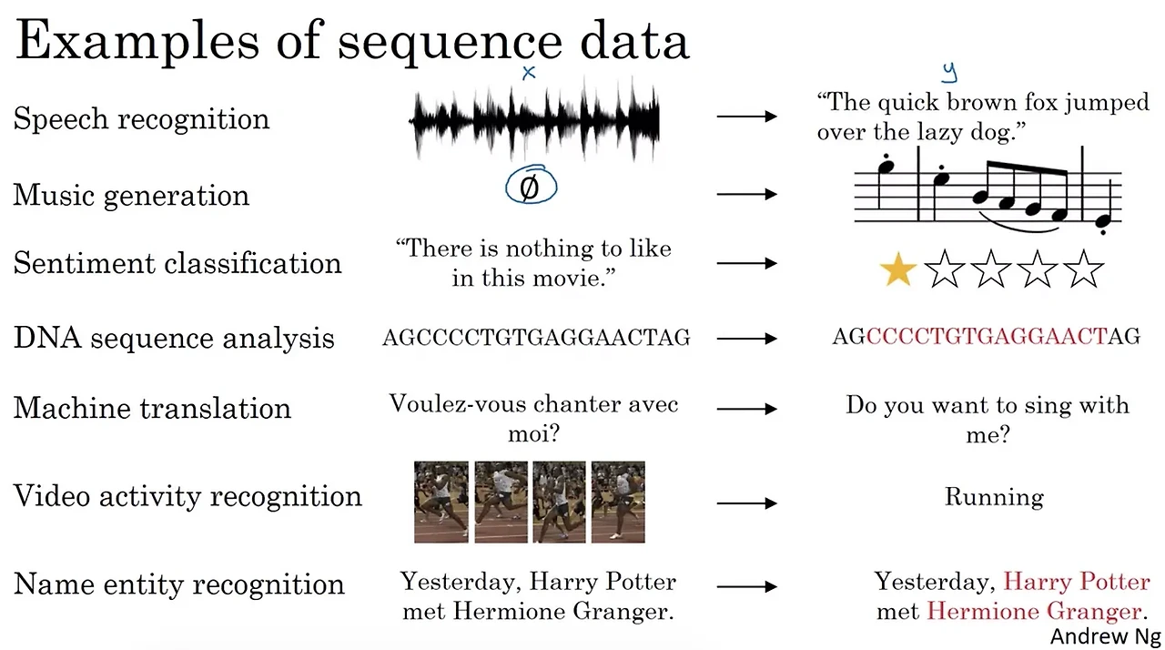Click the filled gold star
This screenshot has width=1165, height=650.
pyautogui.click(x=897, y=271)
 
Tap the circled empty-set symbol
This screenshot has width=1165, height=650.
pyautogui.click(x=531, y=187)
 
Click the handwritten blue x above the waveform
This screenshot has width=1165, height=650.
pyautogui.click(x=529, y=73)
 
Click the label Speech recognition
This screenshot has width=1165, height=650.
pyautogui.click(x=141, y=119)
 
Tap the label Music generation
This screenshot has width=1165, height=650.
pyautogui.click(x=131, y=195)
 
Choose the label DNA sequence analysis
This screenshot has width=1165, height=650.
pyautogui.click(x=174, y=338)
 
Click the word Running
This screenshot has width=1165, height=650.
pyautogui.click(x=994, y=497)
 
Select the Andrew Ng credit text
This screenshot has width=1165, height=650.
pyautogui.click(x=1105, y=635)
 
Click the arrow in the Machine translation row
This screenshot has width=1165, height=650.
pyautogui.click(x=746, y=410)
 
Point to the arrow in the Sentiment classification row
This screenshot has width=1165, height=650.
pyautogui.click(x=746, y=264)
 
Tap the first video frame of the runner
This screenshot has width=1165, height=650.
pyautogui.click(x=441, y=502)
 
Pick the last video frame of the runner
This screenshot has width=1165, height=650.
pyautogui.click(x=618, y=502)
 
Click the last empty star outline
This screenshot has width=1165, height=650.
pyautogui.click(x=1083, y=271)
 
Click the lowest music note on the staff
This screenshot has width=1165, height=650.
pyautogui.click(x=1103, y=221)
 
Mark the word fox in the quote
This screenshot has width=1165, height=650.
pyautogui.click(x=1040, y=103)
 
